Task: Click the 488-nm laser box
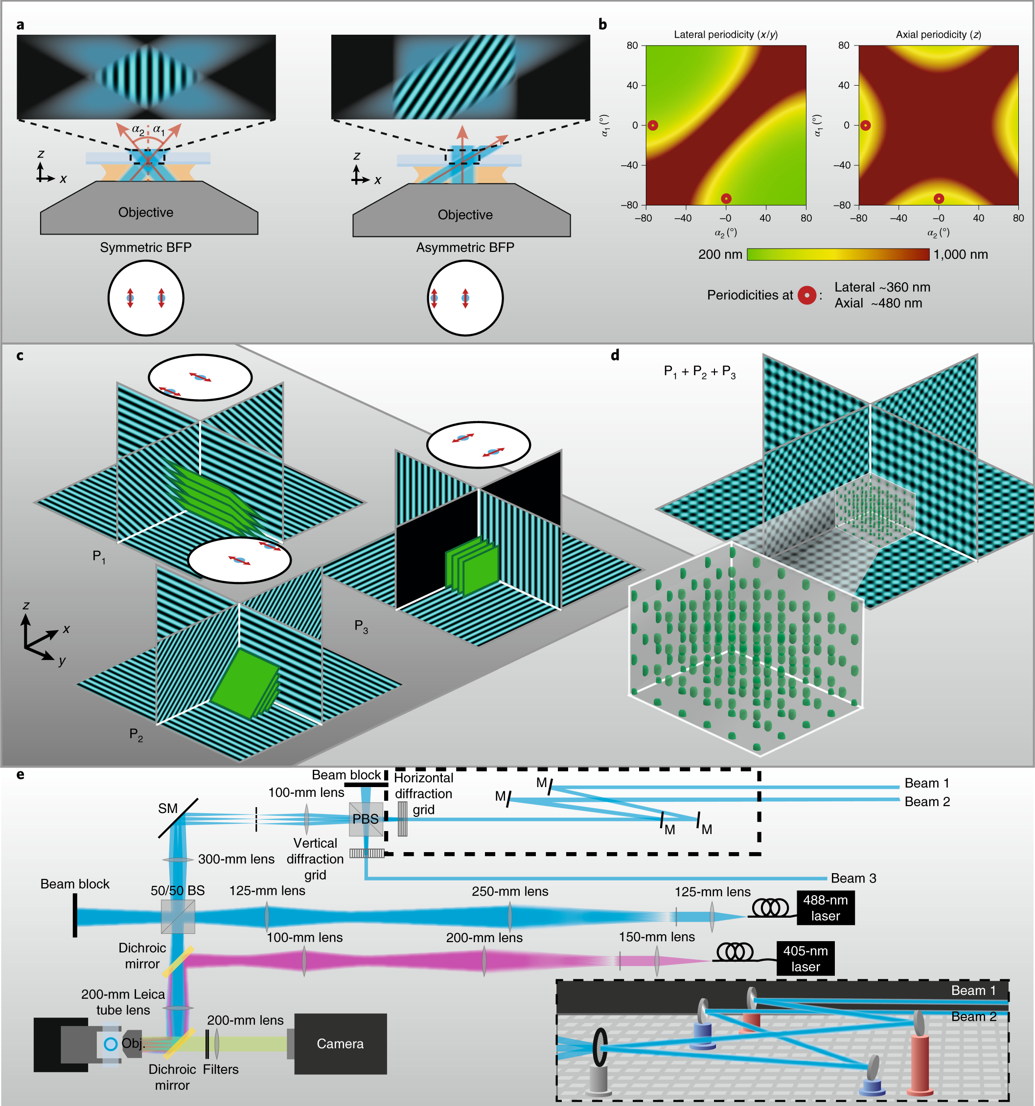[825, 907]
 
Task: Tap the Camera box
[340, 1044]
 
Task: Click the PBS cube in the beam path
[366, 819]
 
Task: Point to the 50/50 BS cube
[178, 916]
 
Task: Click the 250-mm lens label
[510, 891]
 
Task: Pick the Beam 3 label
[853, 878]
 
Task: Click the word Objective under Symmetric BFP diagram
[146, 212]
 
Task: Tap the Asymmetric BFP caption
[465, 248]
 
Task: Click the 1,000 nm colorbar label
[961, 254]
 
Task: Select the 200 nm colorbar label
[720, 254]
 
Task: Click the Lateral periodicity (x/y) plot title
[726, 35]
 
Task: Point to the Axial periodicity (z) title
[938, 35]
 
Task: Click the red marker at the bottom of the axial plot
[939, 199]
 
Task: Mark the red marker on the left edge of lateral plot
[653, 125]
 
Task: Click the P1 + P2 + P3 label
[699, 372]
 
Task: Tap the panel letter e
[21, 774]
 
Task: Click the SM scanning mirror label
[167, 809]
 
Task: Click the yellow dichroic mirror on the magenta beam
[178, 961]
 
